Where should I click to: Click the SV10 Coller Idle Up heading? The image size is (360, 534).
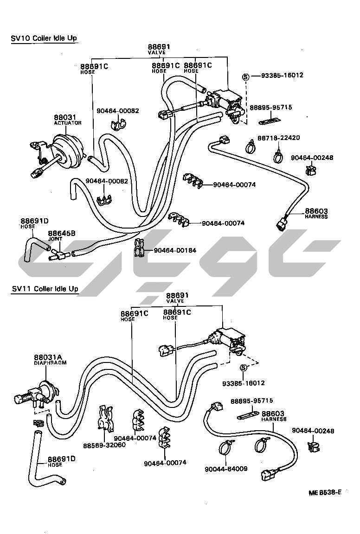click(44, 38)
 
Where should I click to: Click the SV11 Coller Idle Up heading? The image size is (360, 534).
click(45, 289)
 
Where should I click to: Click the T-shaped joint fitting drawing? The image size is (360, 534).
click(58, 253)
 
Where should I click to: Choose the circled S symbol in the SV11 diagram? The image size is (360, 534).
click(243, 368)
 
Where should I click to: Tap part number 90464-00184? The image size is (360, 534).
click(175, 250)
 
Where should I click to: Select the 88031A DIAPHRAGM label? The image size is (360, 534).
click(50, 360)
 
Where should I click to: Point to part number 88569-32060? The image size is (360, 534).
click(104, 445)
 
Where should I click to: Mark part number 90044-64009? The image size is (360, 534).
click(225, 469)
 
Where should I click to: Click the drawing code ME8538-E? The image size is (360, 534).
click(325, 492)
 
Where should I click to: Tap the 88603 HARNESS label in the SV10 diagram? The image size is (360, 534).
click(316, 213)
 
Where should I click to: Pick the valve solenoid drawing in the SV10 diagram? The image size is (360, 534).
click(225, 100)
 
